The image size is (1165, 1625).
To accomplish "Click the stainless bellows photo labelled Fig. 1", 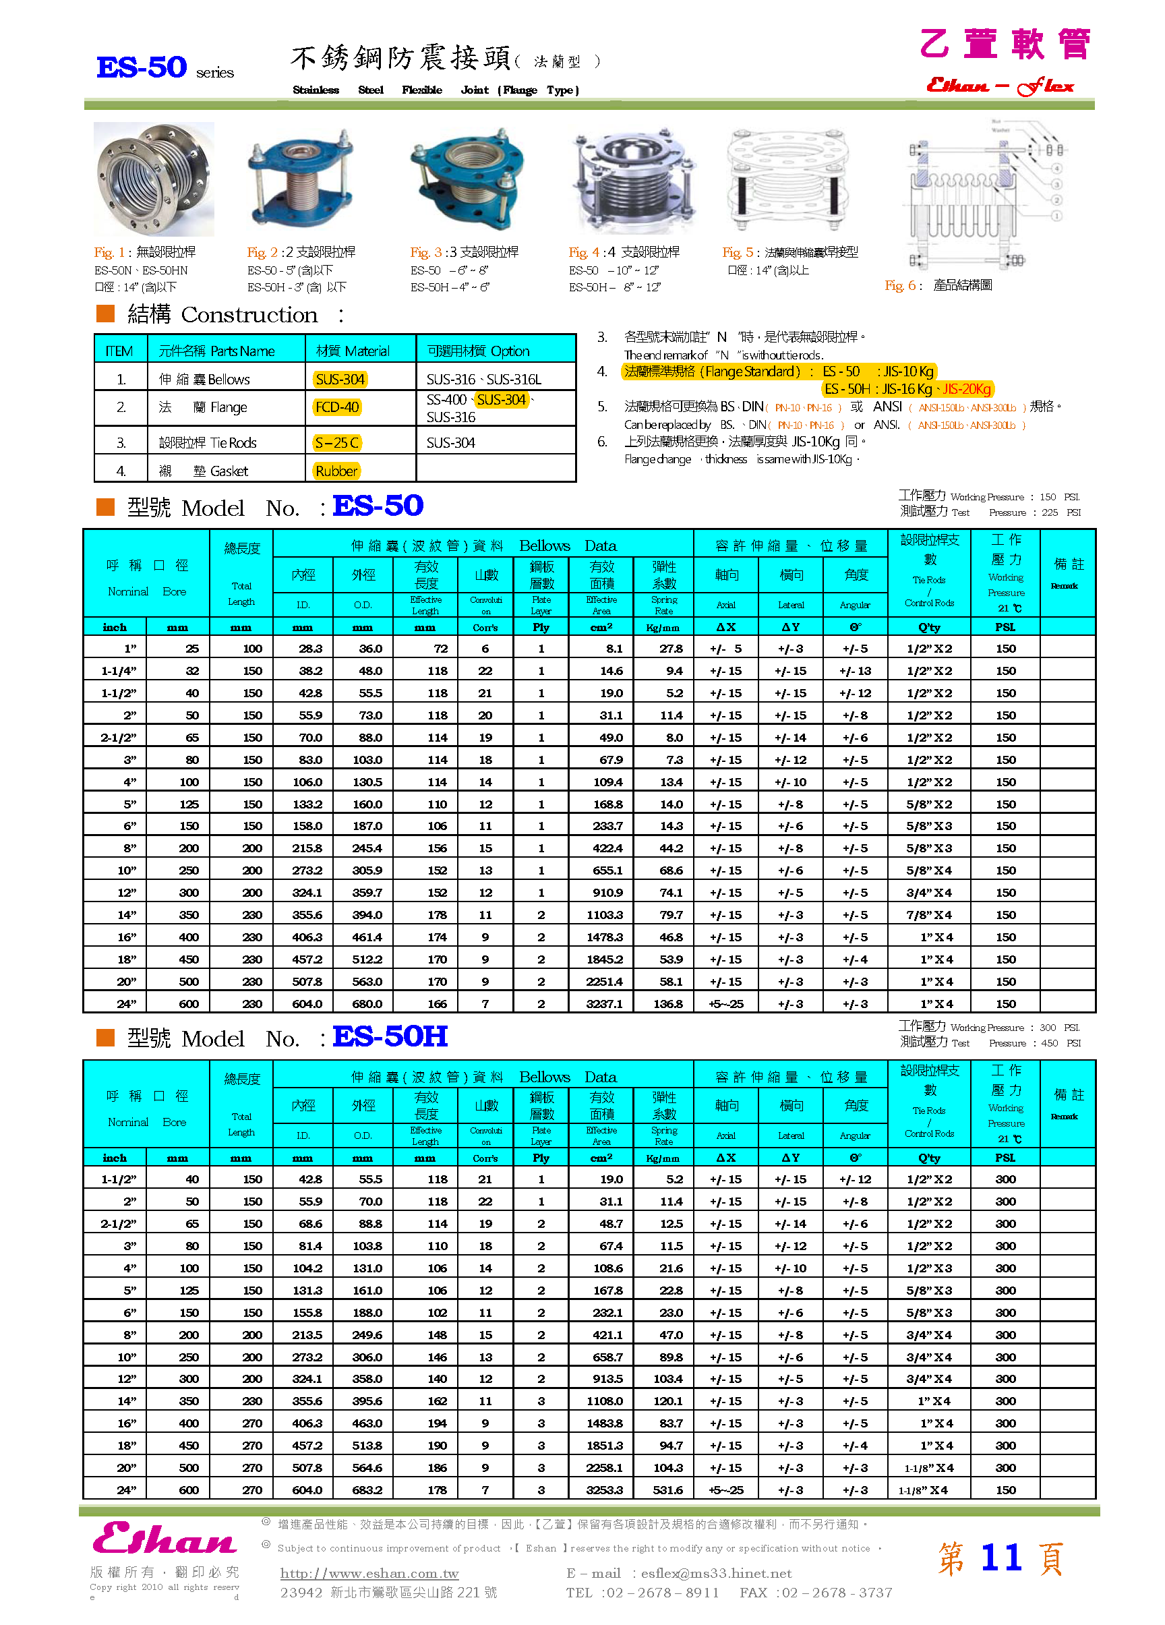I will pos(153,179).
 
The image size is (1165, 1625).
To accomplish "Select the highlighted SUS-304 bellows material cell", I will pos(340,379).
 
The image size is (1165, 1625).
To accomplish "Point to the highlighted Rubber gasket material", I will pos(336,471).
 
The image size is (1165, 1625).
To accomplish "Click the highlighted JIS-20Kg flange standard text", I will pos(967,389).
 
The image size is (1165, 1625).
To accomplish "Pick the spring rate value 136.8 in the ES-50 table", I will pos(667,1004).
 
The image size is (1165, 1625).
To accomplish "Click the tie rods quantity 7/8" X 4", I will pos(928,915).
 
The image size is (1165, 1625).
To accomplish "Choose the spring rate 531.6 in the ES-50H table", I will pos(667,1489).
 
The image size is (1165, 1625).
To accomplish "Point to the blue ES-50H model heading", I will pos(390,1036).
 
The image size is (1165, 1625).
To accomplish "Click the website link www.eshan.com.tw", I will pos(369,1573).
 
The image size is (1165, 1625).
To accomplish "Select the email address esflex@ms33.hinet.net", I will pos(716,1573).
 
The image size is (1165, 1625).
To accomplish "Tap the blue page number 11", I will pos(1000,1558).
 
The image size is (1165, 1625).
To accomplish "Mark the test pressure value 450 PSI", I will pos(1060,1043).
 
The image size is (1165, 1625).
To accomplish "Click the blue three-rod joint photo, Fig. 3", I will pos(467,179).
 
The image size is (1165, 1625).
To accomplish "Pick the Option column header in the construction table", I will pos(478,351).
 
